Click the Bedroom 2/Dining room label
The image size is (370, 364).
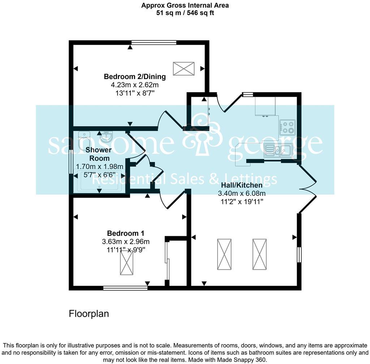tap(135, 77)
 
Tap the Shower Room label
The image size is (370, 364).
tap(98, 154)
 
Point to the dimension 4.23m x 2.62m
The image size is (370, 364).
tap(135, 85)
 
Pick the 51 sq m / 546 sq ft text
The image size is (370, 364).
tap(185, 13)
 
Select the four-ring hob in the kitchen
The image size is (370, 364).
tap(287, 127)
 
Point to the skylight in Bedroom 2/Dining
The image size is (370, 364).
tap(184, 69)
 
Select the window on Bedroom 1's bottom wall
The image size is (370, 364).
tap(125, 288)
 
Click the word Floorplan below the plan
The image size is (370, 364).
tap(89, 314)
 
